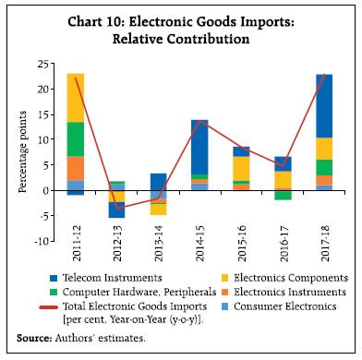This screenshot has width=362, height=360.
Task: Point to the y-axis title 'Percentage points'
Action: coord(21,153)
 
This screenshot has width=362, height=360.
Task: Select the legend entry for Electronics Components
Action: coord(277,278)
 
